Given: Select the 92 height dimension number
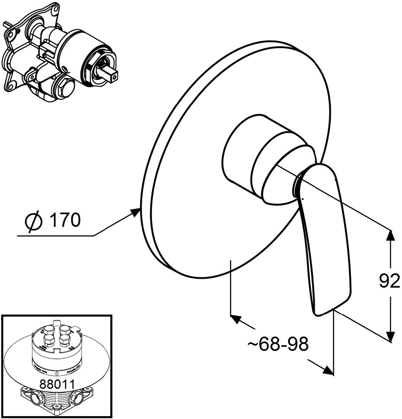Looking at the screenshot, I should coord(389,282).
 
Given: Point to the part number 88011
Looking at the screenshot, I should coord(57,383).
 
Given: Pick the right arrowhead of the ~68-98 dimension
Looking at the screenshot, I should coord(327,370).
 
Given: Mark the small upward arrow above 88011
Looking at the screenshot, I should coord(57,372).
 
